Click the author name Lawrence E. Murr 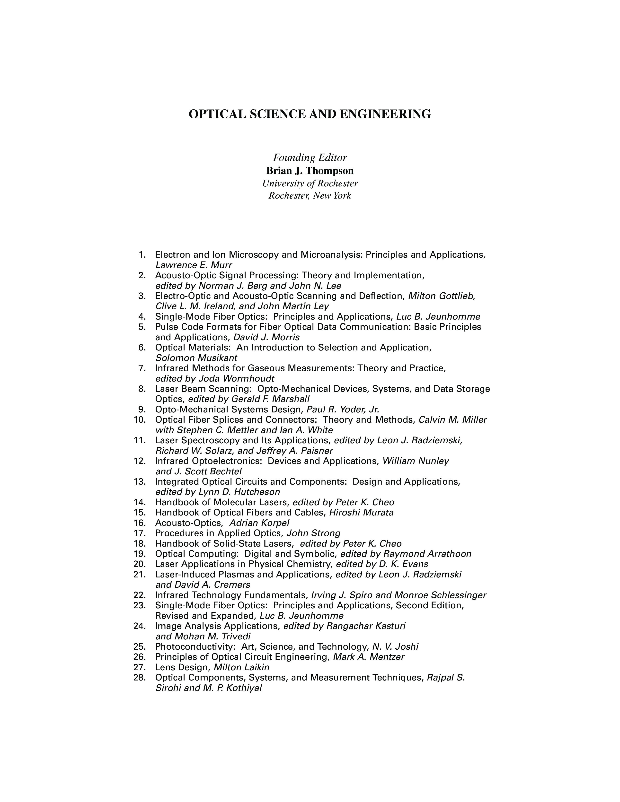[194, 265]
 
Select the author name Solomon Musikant [196, 358]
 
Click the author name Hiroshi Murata [361, 513]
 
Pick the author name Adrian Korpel [259, 523]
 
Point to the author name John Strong [313, 533]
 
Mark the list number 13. [140, 481]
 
